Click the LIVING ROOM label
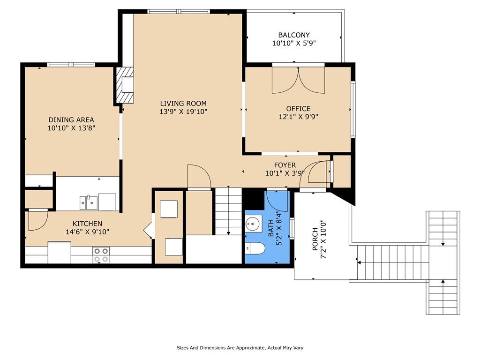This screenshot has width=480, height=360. [x=183, y=104]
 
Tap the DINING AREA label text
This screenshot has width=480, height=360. [x=71, y=120]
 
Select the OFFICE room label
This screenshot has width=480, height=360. [x=299, y=109]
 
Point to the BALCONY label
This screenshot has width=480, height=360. [x=294, y=35]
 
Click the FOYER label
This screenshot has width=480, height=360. [x=285, y=165]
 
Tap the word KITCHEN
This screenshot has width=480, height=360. [x=87, y=224]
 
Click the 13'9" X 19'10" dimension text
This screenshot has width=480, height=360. [x=183, y=112]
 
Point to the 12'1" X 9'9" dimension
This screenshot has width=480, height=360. [x=299, y=117]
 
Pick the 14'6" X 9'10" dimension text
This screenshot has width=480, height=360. [x=87, y=232]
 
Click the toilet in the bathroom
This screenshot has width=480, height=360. [x=255, y=248]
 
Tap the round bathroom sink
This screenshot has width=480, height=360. [x=253, y=223]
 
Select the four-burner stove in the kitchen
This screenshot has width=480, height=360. [x=101, y=255]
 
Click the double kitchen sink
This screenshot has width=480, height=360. [x=89, y=202]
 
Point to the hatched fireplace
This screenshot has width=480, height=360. [x=125, y=85]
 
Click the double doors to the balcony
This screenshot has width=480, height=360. [x=299, y=80]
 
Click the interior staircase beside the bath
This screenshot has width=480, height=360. [x=229, y=211]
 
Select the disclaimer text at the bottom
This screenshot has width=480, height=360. [x=240, y=348]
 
